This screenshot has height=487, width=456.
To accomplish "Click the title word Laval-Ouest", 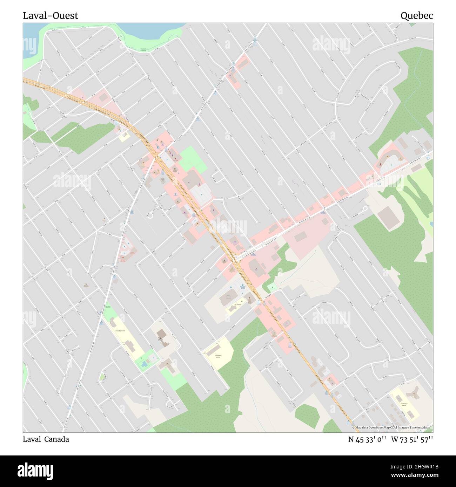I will pos(51,16).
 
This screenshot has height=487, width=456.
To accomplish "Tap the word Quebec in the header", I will pos(417,16).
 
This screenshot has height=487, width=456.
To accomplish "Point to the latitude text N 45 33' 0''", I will pos(367,439).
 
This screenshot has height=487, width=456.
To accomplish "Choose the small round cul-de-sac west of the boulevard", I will pos(150,215).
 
